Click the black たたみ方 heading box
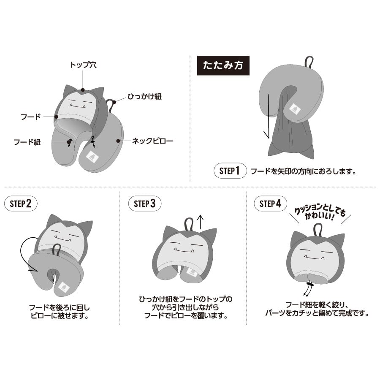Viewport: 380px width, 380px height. tap(223, 65)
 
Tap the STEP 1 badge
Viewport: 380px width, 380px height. tap(230, 171)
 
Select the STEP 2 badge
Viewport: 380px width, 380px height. tap(21, 204)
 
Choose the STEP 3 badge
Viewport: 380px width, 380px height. tap(145, 204)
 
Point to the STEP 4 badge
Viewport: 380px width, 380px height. tap(270, 204)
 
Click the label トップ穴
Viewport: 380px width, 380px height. tap(83, 65)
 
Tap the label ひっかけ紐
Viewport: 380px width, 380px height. tap(145, 96)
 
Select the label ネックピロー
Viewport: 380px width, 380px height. tap(152, 141)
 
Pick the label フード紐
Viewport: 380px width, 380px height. tap(27, 142)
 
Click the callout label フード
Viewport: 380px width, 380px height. tap(31, 117)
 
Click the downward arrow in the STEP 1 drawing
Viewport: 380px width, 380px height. tap(267, 117)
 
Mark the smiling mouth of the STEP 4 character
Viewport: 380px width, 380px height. tap(314, 257)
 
